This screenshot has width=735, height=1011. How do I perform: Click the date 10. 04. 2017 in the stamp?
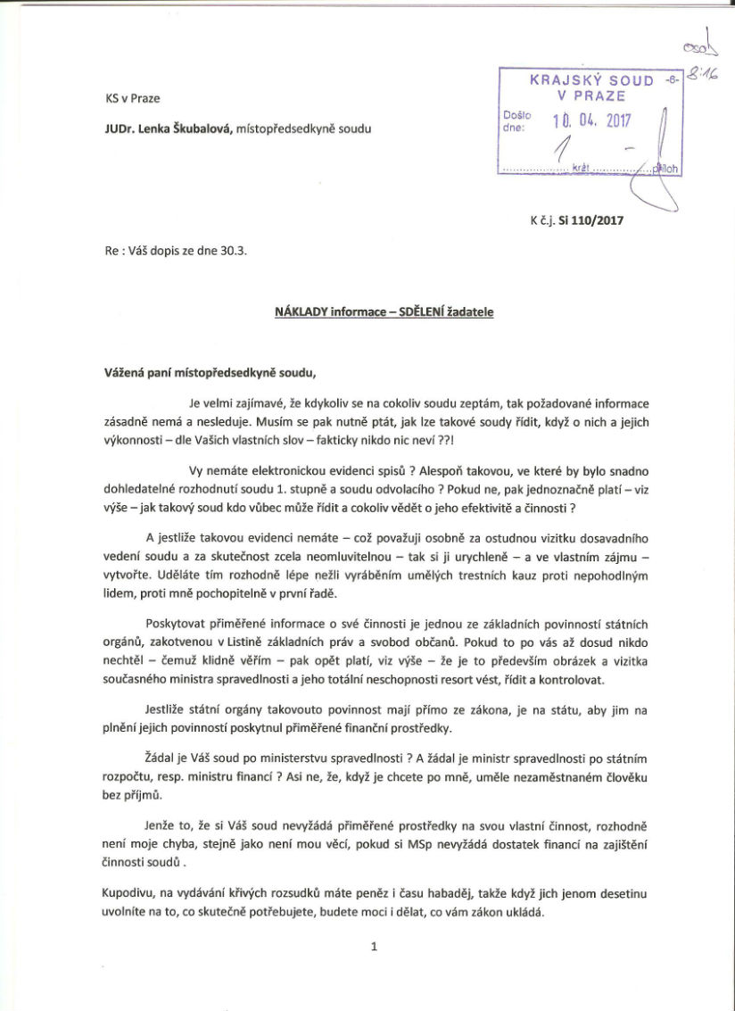pos(591,120)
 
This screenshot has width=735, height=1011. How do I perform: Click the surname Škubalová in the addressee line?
pos(202,128)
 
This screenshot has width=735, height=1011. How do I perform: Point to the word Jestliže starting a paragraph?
pos(167,709)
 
